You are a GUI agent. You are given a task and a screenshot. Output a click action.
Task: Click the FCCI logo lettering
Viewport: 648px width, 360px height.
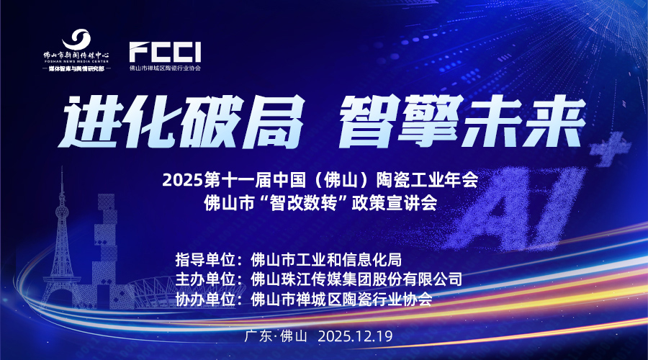point(165,52)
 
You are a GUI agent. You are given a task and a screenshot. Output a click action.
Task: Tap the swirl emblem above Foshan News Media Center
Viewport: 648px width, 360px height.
point(76,40)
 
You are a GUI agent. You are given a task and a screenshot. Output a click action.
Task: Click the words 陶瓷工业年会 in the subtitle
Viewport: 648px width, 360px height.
point(427,181)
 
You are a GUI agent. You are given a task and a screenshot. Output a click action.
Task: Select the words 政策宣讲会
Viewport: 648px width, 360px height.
point(395,202)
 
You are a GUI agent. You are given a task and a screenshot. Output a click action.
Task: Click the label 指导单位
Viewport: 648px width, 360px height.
point(205,260)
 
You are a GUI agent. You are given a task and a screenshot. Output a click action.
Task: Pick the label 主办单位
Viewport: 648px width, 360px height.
point(205,279)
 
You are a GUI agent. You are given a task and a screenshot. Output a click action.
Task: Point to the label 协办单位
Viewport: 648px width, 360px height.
point(205,299)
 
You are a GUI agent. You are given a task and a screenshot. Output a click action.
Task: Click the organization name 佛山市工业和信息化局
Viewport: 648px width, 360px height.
point(326,260)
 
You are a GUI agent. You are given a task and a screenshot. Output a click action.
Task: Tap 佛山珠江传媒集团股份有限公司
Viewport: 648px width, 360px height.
point(356,279)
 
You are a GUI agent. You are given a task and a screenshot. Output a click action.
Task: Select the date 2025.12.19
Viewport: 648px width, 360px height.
point(355,336)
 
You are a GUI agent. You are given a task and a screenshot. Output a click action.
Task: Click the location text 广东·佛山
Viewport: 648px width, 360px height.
point(276,336)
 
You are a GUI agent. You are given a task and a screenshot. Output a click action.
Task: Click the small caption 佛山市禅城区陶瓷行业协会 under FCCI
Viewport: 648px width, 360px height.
point(165,68)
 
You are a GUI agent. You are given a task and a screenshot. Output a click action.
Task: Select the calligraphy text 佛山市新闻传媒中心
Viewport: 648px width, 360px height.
point(76,55)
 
